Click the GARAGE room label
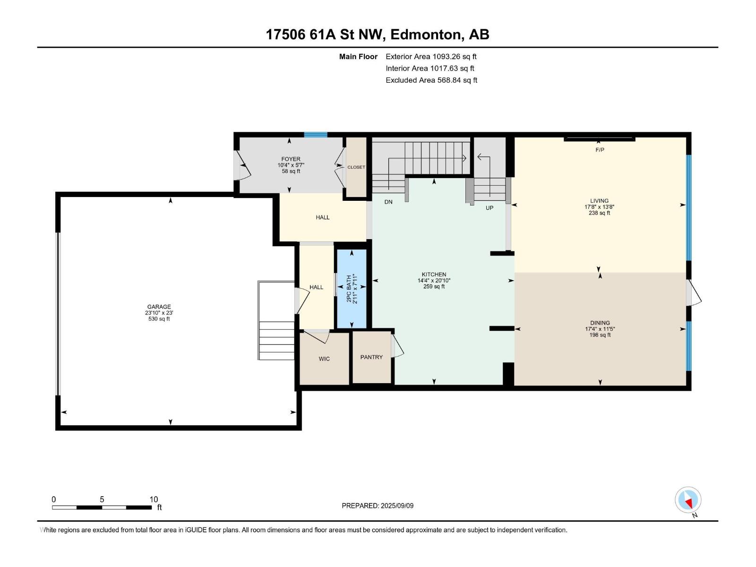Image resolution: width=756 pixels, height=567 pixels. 159,307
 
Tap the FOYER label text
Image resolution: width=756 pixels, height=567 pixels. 291,159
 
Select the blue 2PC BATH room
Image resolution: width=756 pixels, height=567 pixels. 352,289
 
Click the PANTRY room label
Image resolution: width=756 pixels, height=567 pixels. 371,357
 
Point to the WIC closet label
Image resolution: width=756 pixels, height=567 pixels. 324,359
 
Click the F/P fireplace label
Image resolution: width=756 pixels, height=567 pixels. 600,150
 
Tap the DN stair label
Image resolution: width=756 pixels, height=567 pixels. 388,202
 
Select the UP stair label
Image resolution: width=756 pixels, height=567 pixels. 489,208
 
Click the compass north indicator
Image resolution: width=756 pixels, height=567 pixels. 688,500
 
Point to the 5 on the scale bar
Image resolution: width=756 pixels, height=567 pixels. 102,499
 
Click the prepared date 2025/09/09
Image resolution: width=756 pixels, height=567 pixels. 397,506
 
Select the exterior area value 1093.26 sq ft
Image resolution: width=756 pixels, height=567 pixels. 455,56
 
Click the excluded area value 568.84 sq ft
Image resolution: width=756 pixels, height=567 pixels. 457,80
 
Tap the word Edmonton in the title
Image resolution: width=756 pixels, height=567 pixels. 426,35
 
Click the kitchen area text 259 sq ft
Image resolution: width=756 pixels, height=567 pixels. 434,286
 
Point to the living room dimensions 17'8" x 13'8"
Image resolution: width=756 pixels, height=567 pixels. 599,207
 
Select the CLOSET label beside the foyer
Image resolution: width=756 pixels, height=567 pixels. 356,167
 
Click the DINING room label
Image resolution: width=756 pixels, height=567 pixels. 600,323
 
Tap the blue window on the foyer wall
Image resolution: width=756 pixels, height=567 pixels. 316,135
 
